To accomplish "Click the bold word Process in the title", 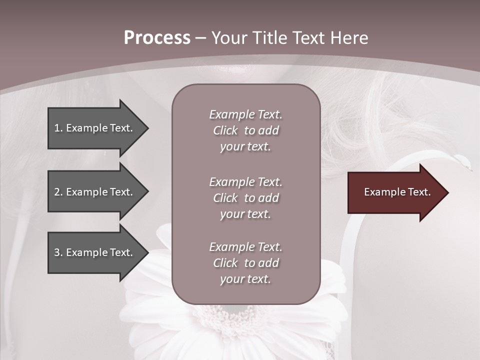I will click(x=157, y=38).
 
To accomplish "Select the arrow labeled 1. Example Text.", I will click(x=95, y=128).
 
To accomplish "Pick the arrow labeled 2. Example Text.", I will click(x=95, y=192).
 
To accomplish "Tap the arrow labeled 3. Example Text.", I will click(x=95, y=252).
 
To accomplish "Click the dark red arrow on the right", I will click(x=395, y=192).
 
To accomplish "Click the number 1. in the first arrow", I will click(x=58, y=128).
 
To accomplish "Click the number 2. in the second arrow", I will click(x=58, y=192).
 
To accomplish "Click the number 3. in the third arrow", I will click(x=58, y=252).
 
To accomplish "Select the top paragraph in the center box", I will click(x=245, y=130).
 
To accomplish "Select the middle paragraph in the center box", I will click(x=245, y=198).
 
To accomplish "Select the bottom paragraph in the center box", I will click(x=245, y=263).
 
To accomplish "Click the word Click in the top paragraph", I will click(x=225, y=130).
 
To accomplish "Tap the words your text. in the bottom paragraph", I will click(x=245, y=279).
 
